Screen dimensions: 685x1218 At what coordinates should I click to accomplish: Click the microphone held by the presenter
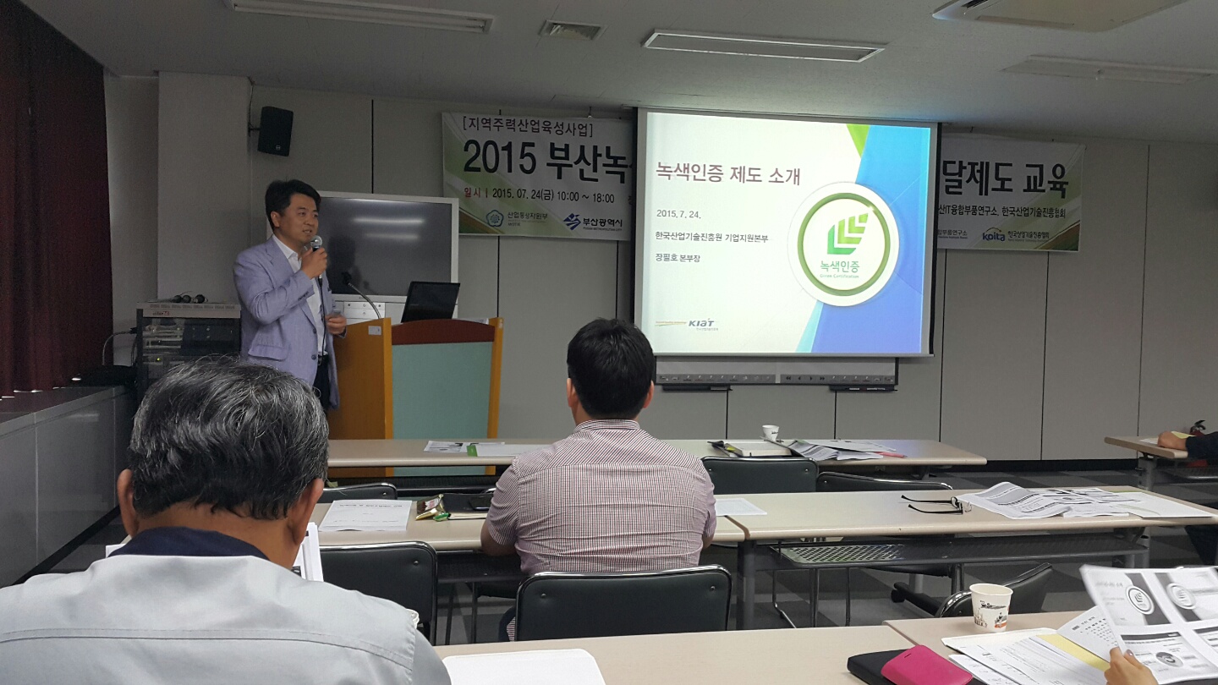[x=316, y=246]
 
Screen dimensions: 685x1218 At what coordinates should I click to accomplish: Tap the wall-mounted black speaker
[x=275, y=130]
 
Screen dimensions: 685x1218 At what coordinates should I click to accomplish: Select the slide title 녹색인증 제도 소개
[x=728, y=174]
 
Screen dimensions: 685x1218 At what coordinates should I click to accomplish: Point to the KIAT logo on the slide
[x=700, y=323]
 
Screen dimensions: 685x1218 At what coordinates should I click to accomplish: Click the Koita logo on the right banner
[x=994, y=234]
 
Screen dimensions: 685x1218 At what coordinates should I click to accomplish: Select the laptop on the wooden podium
[x=430, y=302]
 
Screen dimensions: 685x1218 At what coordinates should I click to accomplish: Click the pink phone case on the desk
[x=926, y=666]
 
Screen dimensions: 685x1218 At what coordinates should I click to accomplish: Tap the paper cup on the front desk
[x=990, y=606]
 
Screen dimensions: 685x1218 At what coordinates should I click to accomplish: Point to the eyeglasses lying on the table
[x=935, y=505]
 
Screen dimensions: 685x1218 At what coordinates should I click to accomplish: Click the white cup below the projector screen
[x=770, y=433]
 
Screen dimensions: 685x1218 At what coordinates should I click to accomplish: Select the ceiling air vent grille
[x=572, y=30]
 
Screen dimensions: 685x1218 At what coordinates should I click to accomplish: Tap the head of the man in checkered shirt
[x=610, y=367]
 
